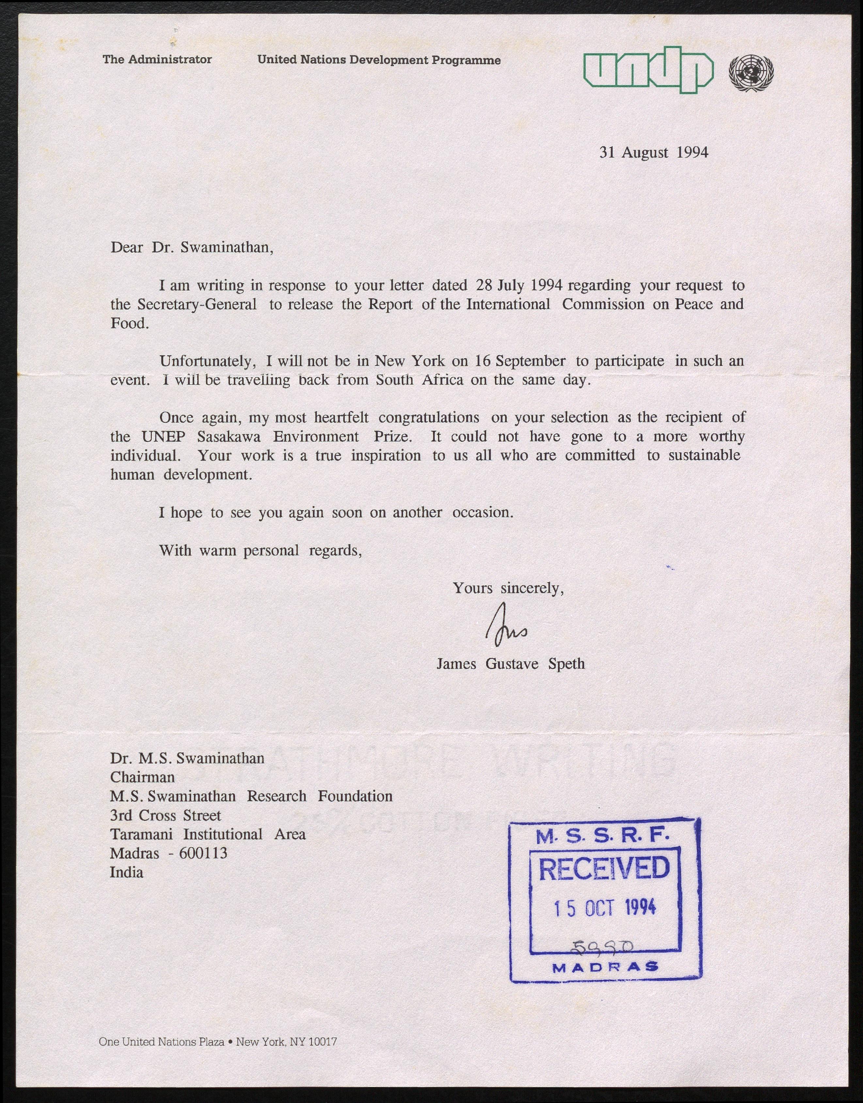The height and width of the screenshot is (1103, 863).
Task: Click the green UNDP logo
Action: point(648,71)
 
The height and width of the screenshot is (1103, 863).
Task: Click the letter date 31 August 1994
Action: point(653,152)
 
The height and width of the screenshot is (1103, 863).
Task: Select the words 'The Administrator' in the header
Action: point(157,60)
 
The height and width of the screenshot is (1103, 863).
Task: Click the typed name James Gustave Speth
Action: point(510,664)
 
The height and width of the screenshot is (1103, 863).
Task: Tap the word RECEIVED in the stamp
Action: point(604,869)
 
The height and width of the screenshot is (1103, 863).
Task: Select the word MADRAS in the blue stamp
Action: point(605,968)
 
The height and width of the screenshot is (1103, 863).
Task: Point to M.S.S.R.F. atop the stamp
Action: point(602,836)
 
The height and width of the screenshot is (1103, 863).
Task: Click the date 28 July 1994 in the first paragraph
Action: point(519,285)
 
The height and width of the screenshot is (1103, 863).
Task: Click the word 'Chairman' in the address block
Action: point(142,777)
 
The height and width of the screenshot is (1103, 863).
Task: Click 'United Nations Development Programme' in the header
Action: point(379,60)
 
